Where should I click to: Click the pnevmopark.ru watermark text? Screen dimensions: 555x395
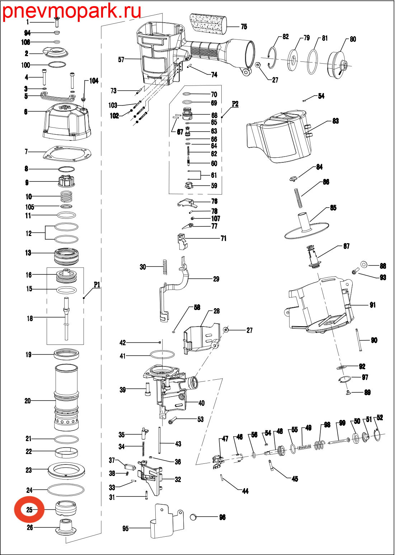tap(72, 11)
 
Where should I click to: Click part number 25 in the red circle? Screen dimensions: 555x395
tap(29, 509)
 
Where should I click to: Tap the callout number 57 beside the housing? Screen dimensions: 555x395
tap(121, 59)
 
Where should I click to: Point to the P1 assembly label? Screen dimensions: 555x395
tap(97, 285)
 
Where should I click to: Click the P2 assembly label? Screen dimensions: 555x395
tap(235, 104)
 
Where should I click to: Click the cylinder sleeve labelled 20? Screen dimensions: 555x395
tap(66, 397)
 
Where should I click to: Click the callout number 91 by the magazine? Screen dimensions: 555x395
tap(373, 305)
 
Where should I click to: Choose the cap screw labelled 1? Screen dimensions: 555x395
tap(57, 22)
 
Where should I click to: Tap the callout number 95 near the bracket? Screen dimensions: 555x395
tap(126, 528)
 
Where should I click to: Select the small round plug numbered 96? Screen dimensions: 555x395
tap(193, 517)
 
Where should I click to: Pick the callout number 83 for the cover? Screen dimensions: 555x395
tap(335, 121)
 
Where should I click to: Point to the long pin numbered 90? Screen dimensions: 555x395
tap(359, 339)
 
